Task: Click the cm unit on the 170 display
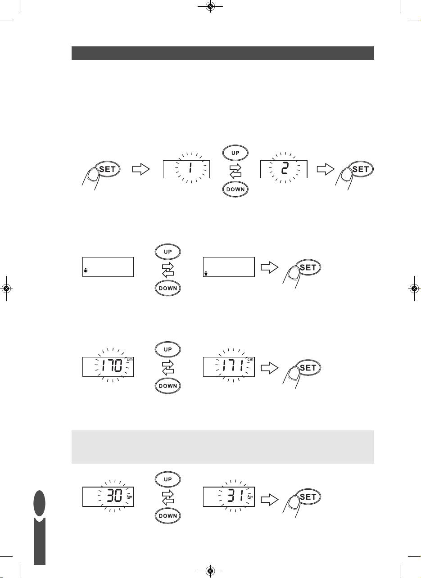point(130,359)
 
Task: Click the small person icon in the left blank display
point(86,271)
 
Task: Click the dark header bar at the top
point(223,53)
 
